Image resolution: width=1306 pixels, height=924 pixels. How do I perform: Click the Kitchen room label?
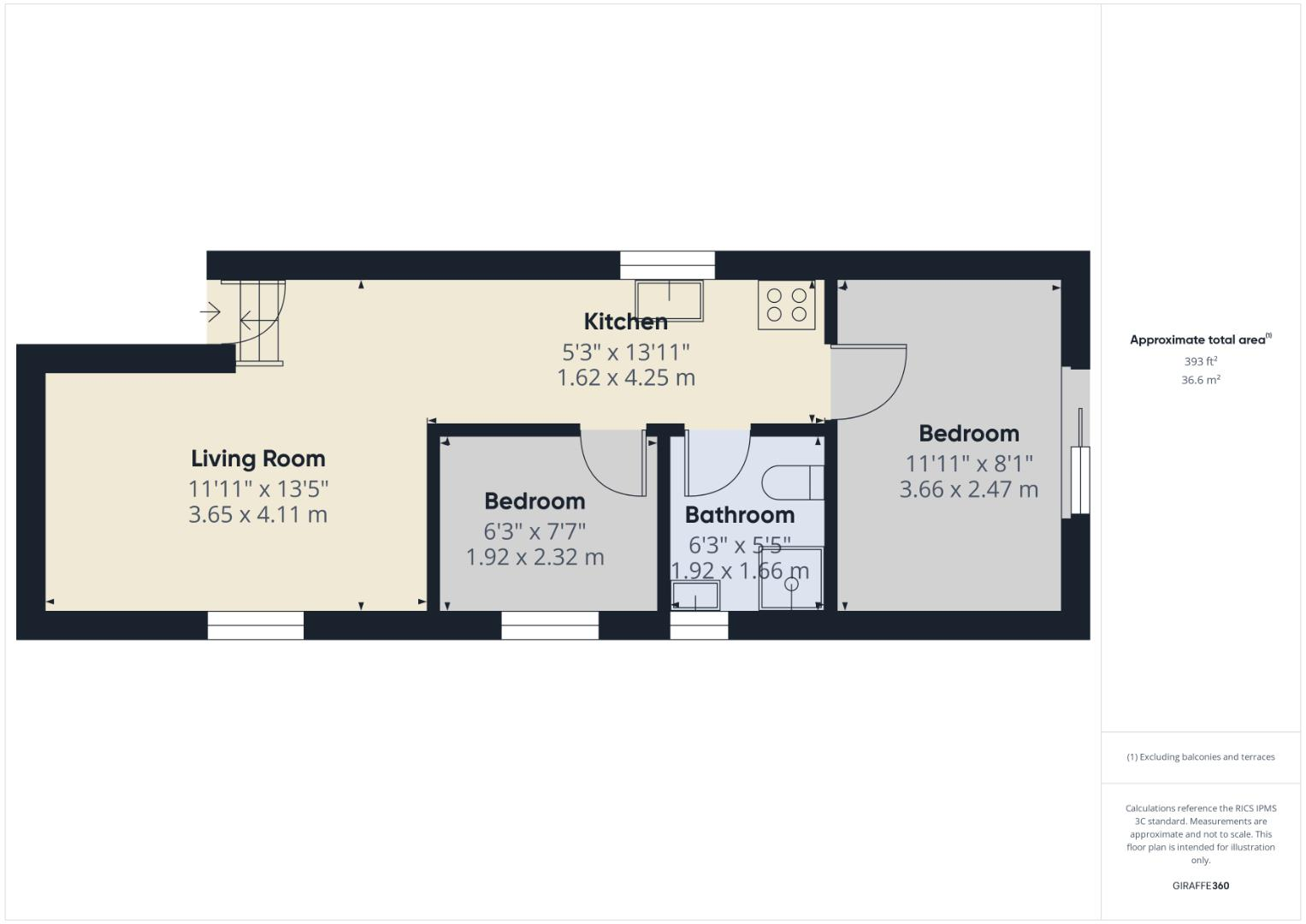tap(625, 322)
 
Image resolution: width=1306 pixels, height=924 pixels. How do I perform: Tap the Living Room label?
tap(257, 459)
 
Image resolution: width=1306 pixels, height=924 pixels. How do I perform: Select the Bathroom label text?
tap(739, 515)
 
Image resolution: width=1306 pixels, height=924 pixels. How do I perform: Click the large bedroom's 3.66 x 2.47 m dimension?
tap(968, 489)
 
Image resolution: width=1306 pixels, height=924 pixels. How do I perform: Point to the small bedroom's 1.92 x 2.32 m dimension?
tap(535, 557)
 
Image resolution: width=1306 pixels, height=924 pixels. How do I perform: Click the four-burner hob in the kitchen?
tap(786, 305)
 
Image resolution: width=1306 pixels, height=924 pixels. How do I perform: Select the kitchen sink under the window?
tap(668, 299)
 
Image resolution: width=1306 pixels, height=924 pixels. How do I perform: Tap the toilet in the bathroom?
tap(792, 483)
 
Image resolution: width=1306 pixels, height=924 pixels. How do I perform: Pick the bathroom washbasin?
tap(695, 595)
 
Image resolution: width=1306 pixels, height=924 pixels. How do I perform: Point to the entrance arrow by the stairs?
tap(210, 312)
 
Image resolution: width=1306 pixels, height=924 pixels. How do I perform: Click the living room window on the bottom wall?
tap(255, 625)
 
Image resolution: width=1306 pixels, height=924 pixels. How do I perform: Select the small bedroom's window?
tap(549, 625)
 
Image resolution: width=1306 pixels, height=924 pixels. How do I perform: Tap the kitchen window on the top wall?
tap(666, 264)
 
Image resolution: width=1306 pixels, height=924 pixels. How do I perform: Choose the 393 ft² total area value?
tap(1200, 361)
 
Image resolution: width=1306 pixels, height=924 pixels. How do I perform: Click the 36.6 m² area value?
tap(1200, 380)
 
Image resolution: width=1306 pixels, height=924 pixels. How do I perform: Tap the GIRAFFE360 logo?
tap(1200, 885)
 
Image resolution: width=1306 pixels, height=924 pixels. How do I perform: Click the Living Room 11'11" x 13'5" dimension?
tap(258, 489)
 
